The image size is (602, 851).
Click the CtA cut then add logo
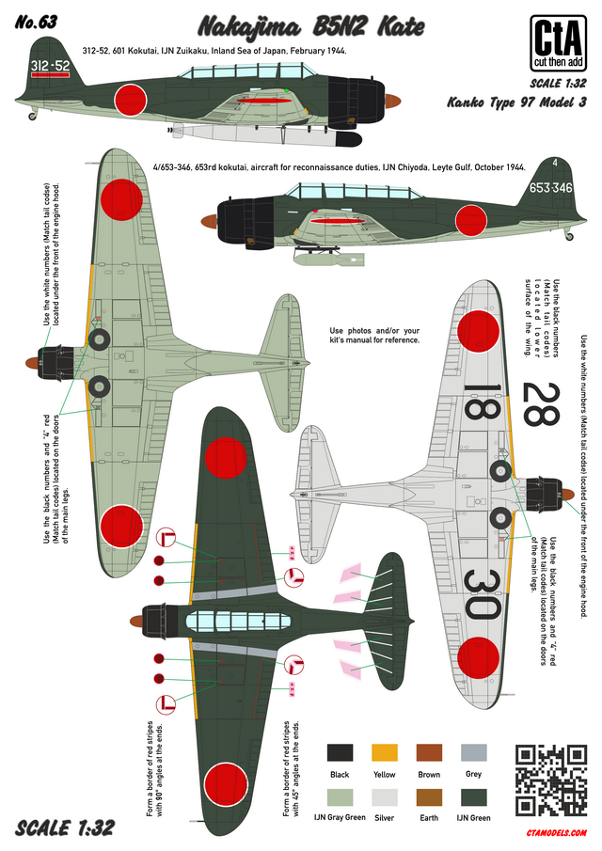(x=558, y=43)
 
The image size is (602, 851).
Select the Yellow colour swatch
(x=385, y=753)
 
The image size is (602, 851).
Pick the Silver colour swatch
(x=385, y=797)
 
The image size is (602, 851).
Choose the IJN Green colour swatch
(x=473, y=797)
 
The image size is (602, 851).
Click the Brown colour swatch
(x=429, y=753)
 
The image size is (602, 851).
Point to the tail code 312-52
(x=51, y=66)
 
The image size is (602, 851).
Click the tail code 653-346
(x=551, y=188)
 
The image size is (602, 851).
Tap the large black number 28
(x=540, y=405)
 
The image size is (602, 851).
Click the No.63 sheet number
(x=37, y=23)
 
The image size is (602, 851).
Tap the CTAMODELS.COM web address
(x=557, y=832)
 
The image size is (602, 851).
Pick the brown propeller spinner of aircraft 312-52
(x=393, y=101)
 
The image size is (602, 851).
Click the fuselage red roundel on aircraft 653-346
(x=470, y=221)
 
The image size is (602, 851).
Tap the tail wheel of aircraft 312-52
(x=32, y=117)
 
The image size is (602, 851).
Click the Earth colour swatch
(x=429, y=797)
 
